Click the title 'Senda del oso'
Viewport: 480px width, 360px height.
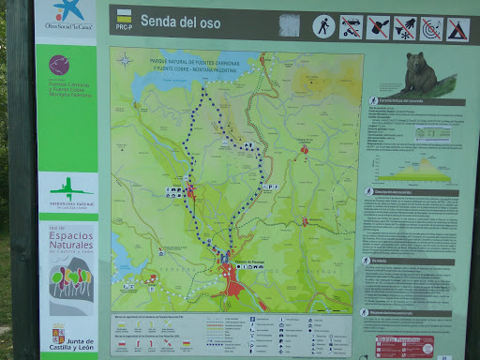(180, 20)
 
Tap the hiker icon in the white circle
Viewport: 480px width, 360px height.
(323, 26)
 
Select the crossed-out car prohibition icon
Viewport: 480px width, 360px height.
(378, 27)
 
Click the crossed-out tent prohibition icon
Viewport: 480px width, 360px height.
(457, 29)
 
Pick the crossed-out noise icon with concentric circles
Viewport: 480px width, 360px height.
(431, 28)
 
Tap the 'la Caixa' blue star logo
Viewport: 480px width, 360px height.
(67, 10)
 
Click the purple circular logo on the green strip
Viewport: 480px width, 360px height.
(59, 65)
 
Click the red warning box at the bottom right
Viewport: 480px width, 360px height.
(405, 344)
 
